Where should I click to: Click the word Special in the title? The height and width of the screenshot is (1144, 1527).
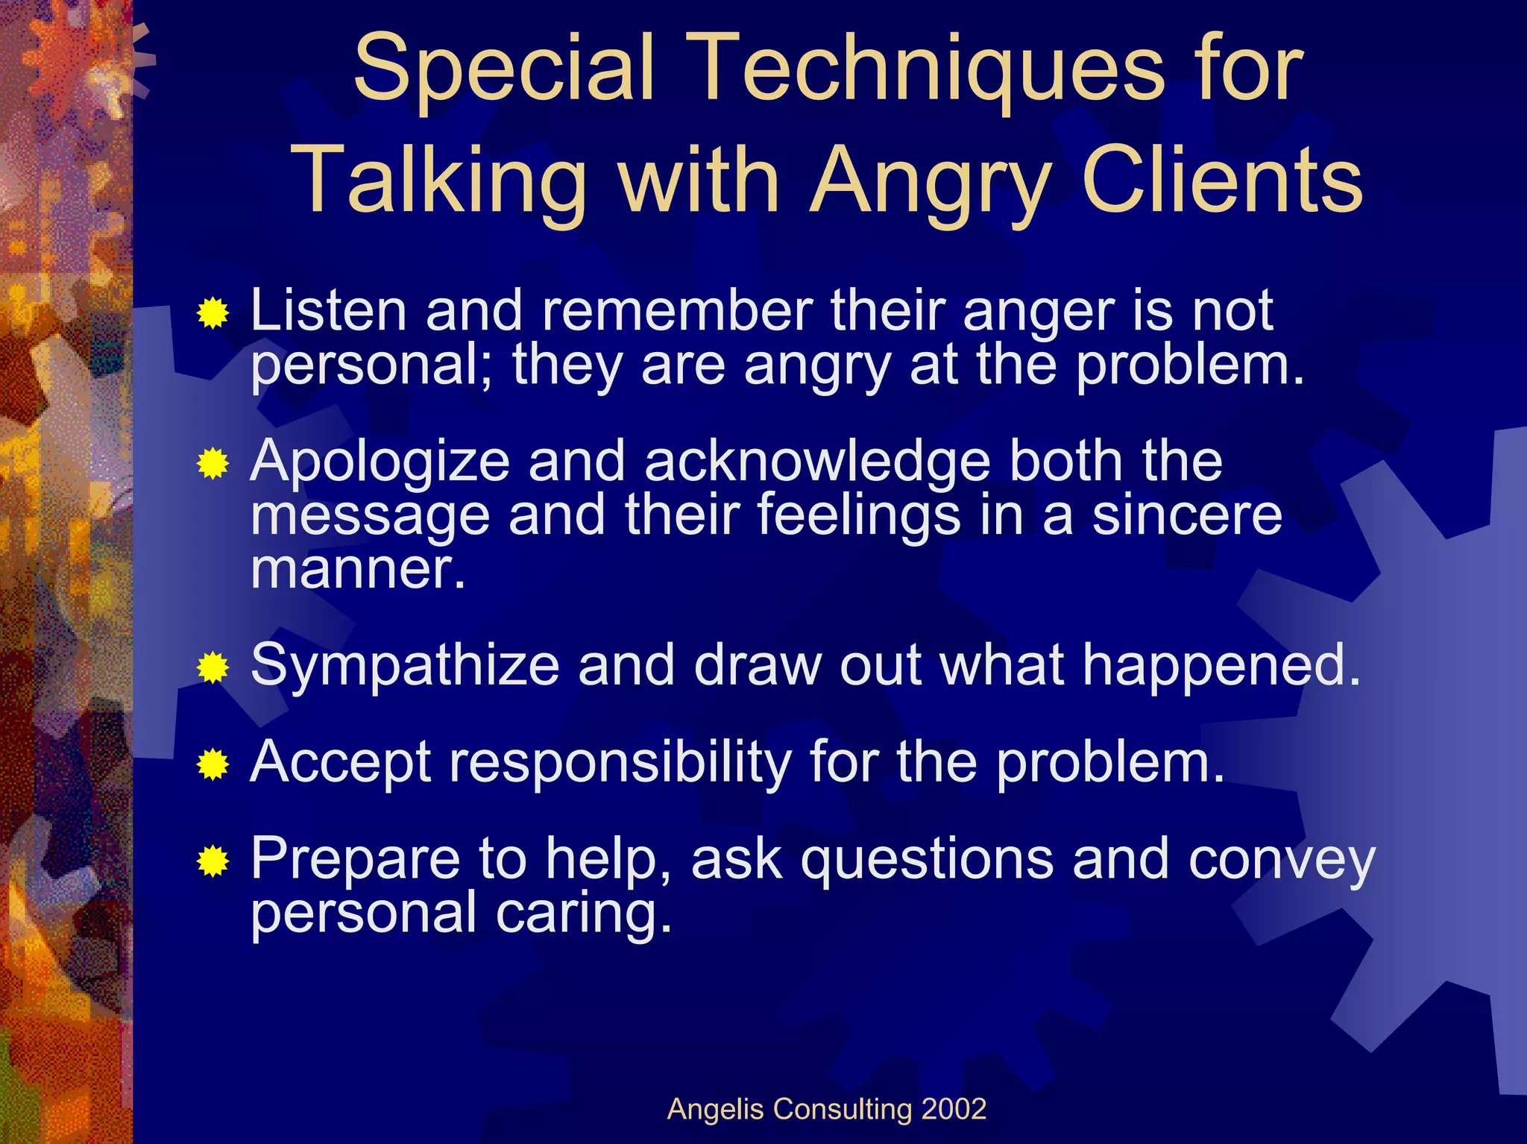coord(504,69)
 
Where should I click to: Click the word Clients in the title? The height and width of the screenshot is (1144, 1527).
coord(1222,180)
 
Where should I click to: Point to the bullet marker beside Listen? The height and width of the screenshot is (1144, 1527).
coord(213,313)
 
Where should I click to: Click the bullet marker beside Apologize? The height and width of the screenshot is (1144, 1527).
coord(213,465)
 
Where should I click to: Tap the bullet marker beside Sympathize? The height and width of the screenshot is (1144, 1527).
coord(213,667)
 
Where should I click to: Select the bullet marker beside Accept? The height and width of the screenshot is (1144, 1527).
coord(213,764)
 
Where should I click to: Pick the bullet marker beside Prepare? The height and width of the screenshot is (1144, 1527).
coord(213,862)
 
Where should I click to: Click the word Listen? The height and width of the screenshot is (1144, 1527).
coord(328,310)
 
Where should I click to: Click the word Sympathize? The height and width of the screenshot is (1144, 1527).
coord(405,666)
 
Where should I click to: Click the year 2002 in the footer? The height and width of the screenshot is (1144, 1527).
coord(954,1109)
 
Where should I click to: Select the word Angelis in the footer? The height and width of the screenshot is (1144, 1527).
coord(716,1110)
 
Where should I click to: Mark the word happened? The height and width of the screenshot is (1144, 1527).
coord(1221,666)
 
